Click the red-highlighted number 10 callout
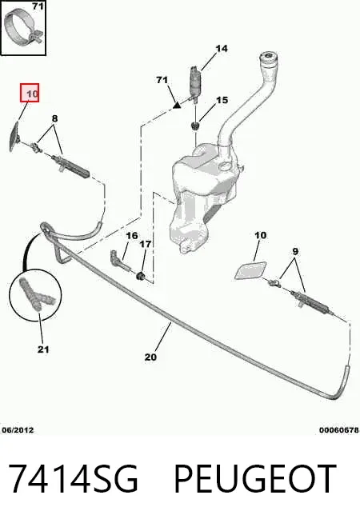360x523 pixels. pyautogui.click(x=30, y=93)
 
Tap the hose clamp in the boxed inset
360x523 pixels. pyautogui.click(x=23, y=28)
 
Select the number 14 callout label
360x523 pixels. pyautogui.click(x=222, y=49)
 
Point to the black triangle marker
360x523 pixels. pyautogui.click(x=177, y=106)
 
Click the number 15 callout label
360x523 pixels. pyautogui.click(x=222, y=100)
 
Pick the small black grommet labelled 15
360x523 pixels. pyautogui.click(x=195, y=126)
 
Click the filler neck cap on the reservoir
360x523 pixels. pyautogui.click(x=268, y=58)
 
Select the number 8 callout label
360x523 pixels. pyautogui.click(x=54, y=118)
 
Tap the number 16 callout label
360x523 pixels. pyautogui.click(x=132, y=236)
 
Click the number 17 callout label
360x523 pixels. pyautogui.click(x=145, y=244)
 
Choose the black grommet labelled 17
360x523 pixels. pyautogui.click(x=141, y=276)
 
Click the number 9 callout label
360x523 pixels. pyautogui.click(x=295, y=251)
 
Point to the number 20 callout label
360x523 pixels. pyautogui.click(x=150, y=357)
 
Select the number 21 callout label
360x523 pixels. pyautogui.click(x=43, y=349)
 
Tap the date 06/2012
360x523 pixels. pyautogui.click(x=18, y=430)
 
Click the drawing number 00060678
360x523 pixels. pyautogui.click(x=339, y=430)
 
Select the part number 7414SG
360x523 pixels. pyautogui.click(x=73, y=478)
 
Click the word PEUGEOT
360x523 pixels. pyautogui.click(x=255, y=478)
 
